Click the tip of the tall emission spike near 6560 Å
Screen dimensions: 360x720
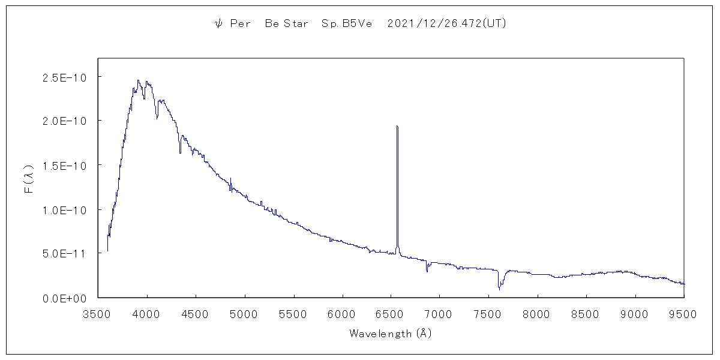[397, 126]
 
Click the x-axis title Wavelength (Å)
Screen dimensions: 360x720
[391, 334]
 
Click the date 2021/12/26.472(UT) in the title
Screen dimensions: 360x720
[448, 24]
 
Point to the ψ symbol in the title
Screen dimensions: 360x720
[218, 24]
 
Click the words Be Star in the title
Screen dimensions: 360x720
[286, 24]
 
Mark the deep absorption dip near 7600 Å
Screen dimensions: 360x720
[499, 289]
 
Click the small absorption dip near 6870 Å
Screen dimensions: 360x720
[427, 271]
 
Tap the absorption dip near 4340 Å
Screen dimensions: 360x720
[180, 152]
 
